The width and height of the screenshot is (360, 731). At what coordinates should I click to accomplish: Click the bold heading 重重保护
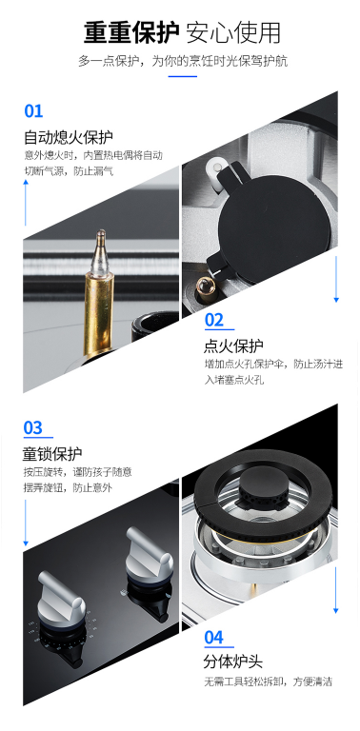click(130, 32)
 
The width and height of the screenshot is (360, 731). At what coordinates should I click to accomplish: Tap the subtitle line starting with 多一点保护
click(183, 62)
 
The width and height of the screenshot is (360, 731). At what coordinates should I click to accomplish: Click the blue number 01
click(33, 111)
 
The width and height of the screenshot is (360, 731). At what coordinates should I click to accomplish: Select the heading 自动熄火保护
click(69, 137)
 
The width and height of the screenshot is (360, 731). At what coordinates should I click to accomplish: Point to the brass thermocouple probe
click(100, 294)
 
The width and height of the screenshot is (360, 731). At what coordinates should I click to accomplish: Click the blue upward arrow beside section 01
click(26, 204)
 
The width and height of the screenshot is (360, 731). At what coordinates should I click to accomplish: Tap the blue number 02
click(214, 320)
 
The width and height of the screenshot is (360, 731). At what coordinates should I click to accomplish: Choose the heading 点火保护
click(233, 346)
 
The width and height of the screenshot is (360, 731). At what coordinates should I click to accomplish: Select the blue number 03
click(33, 427)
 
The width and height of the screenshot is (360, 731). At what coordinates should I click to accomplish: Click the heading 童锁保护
click(52, 454)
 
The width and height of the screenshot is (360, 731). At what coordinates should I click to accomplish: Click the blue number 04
click(214, 638)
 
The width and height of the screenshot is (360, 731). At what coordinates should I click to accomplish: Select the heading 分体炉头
click(233, 662)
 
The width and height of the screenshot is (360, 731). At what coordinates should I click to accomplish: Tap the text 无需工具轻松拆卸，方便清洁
click(269, 682)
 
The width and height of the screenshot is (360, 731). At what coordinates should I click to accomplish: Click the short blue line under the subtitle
click(183, 76)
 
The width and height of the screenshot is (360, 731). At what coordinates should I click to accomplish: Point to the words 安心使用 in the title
click(233, 32)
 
